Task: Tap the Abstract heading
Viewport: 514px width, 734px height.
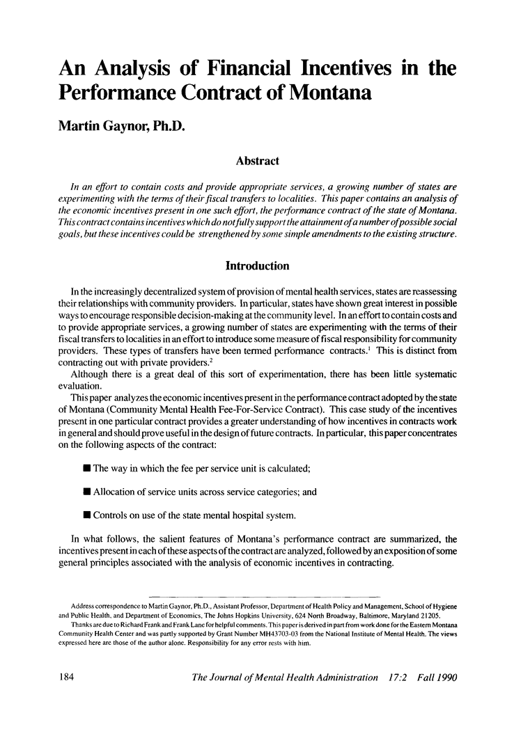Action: point(257,161)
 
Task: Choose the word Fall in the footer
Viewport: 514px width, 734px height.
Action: point(412,676)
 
